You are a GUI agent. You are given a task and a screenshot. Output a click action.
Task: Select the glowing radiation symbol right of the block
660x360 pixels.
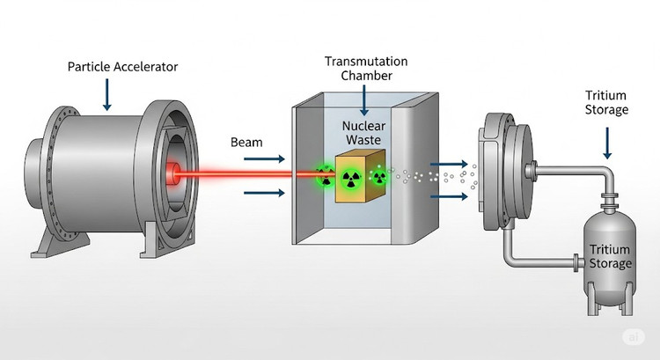pos(379,179)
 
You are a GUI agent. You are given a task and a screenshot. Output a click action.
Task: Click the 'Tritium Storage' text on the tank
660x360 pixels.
pos(611,256)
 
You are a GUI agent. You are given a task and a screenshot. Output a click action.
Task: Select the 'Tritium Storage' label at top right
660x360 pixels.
pos(606,102)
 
